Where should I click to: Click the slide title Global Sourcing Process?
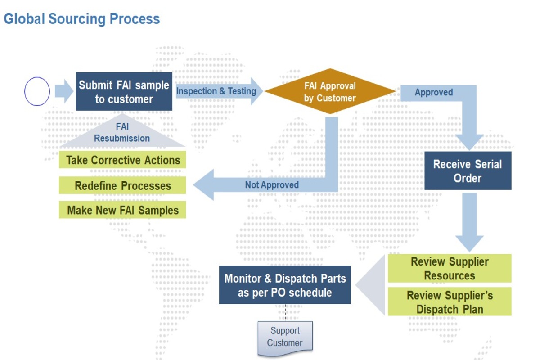pos(82,19)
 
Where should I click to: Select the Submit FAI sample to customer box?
pos(124,91)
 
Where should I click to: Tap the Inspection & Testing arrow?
pos(219,91)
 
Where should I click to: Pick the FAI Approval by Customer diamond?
pos(330,91)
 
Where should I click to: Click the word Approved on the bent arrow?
pos(434,92)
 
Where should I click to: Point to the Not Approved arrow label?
pos(272,185)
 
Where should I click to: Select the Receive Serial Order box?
pos(468,171)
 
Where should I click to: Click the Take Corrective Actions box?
pos(122,160)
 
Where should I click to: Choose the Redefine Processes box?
pos(122,185)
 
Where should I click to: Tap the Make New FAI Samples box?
pos(122,210)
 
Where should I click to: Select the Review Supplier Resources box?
pos(450,268)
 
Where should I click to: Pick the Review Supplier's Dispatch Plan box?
pos(450,301)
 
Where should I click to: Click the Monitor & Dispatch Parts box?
pos(285,285)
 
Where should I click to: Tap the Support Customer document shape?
pos(285,338)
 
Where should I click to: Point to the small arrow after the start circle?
pos(64,91)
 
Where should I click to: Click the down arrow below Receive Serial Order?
pos(469,222)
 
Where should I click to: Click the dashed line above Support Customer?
pos(285,312)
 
